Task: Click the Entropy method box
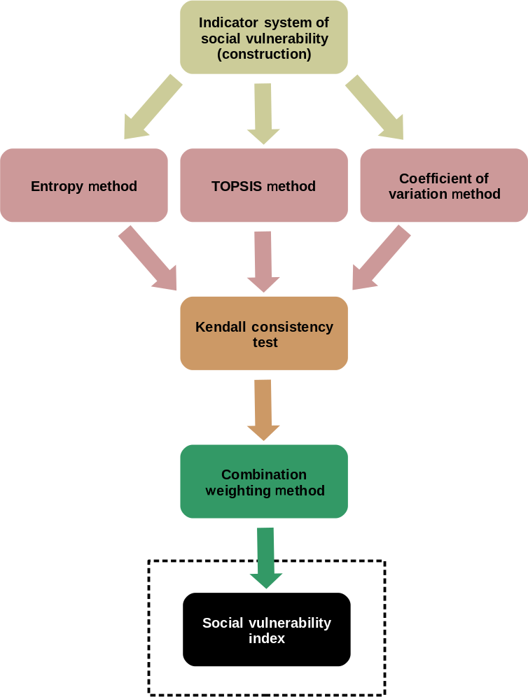click(x=84, y=185)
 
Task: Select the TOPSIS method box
click(x=264, y=185)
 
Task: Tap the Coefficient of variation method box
click(x=444, y=185)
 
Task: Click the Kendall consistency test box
click(x=264, y=333)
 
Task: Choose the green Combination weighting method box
click(x=264, y=481)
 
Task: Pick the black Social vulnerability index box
click(x=266, y=629)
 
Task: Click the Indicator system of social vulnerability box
click(x=264, y=37)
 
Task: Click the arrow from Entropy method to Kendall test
click(x=148, y=258)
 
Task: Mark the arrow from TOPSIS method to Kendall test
click(x=263, y=261)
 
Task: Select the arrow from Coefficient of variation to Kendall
click(x=380, y=258)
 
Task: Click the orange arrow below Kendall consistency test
click(x=263, y=409)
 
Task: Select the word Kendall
click(x=221, y=327)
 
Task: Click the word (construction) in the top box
click(x=264, y=53)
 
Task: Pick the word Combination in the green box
click(x=264, y=474)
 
